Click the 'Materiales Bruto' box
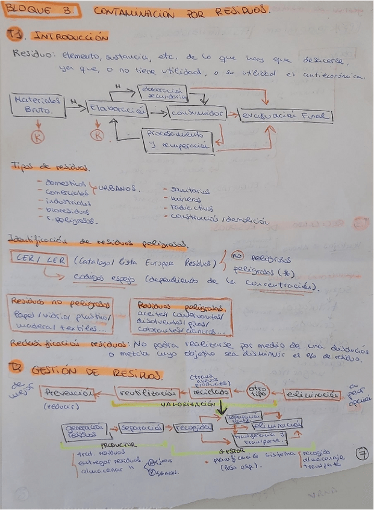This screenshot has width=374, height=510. tap(37, 105)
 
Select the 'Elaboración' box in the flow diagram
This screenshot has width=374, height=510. tap(117, 109)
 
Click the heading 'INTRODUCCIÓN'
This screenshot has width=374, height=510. tap(70, 37)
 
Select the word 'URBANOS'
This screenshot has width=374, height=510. tap(118, 188)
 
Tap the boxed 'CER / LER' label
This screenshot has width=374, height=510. tap(39, 259)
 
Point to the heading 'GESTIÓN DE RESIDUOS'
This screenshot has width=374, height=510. tap(96, 373)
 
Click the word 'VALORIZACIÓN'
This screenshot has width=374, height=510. tap(187, 405)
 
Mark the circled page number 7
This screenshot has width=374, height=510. tap(361, 454)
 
